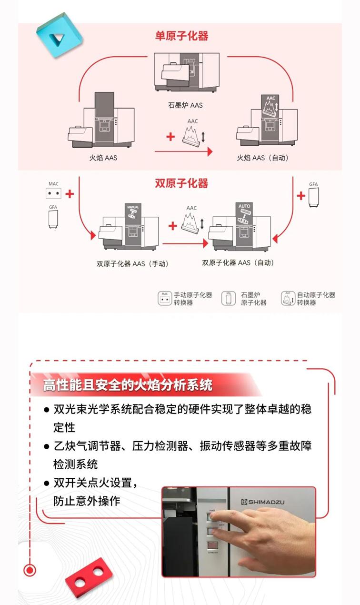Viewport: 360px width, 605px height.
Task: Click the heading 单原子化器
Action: pos(181,36)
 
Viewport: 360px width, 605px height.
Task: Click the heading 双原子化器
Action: pos(181,183)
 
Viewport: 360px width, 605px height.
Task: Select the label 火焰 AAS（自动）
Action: pos(263,158)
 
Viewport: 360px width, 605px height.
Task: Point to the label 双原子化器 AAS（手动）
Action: pos(132,263)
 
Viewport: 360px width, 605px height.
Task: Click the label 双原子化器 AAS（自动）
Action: pos(238,262)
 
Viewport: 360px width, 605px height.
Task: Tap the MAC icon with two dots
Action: pos(53,194)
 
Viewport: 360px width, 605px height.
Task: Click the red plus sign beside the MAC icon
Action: pos(70,194)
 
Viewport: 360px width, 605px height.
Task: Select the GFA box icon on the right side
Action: pos(313,197)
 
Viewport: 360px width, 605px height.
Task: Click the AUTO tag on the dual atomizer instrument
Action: pos(244,207)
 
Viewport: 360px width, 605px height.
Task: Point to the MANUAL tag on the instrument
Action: pos(133,208)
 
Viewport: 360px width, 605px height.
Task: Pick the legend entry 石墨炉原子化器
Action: pos(254,299)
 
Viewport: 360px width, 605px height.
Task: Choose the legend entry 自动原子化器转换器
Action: pos(316,299)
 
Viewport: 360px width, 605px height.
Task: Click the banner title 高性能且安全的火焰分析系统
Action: pos(128,384)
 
